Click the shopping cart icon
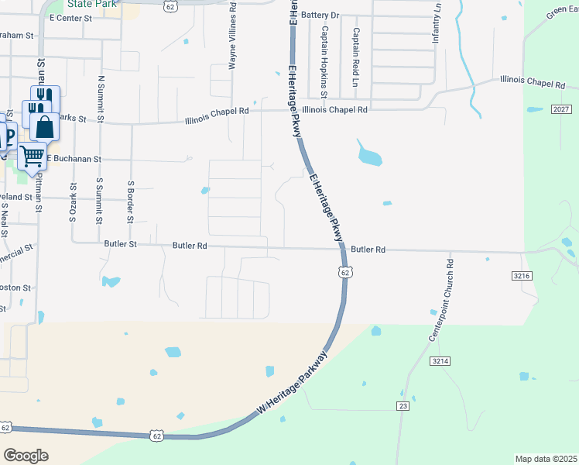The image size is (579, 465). [32, 156]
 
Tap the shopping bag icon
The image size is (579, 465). [45, 127]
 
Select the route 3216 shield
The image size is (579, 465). [522, 275]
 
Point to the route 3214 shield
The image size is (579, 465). [440, 361]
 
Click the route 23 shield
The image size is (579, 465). [403, 406]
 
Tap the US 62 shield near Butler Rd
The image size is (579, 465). [345, 272]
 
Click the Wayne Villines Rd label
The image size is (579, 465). [232, 36]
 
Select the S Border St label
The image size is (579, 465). [132, 202]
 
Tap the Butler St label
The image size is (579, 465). [120, 244]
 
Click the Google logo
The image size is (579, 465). [26, 456]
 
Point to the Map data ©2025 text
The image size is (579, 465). [545, 459]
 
